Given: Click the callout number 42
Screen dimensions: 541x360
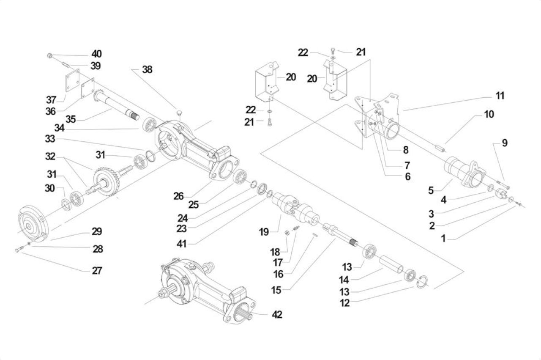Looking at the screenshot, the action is click(x=277, y=315).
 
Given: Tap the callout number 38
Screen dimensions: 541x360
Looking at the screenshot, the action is click(x=147, y=70).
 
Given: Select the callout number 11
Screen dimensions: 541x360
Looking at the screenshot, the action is click(x=500, y=96).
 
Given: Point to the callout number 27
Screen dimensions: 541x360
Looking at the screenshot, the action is click(x=97, y=271).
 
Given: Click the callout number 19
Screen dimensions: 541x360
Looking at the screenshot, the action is click(x=264, y=232).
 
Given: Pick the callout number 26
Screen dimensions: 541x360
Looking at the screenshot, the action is click(x=178, y=196).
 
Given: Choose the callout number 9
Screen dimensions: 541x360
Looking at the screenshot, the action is click(x=505, y=143).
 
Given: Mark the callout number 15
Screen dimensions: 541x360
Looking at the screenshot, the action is click(x=276, y=290).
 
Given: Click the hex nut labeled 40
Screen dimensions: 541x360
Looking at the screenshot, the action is click(x=50, y=55).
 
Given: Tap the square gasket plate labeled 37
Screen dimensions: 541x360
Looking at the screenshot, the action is click(x=73, y=80).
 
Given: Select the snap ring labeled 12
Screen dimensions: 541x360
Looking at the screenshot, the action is click(x=423, y=282).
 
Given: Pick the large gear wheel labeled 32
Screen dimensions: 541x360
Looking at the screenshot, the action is click(x=106, y=182).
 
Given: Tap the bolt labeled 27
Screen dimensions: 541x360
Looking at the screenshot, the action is click(x=19, y=249).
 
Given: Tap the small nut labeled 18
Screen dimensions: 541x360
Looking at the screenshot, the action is click(x=287, y=233).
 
